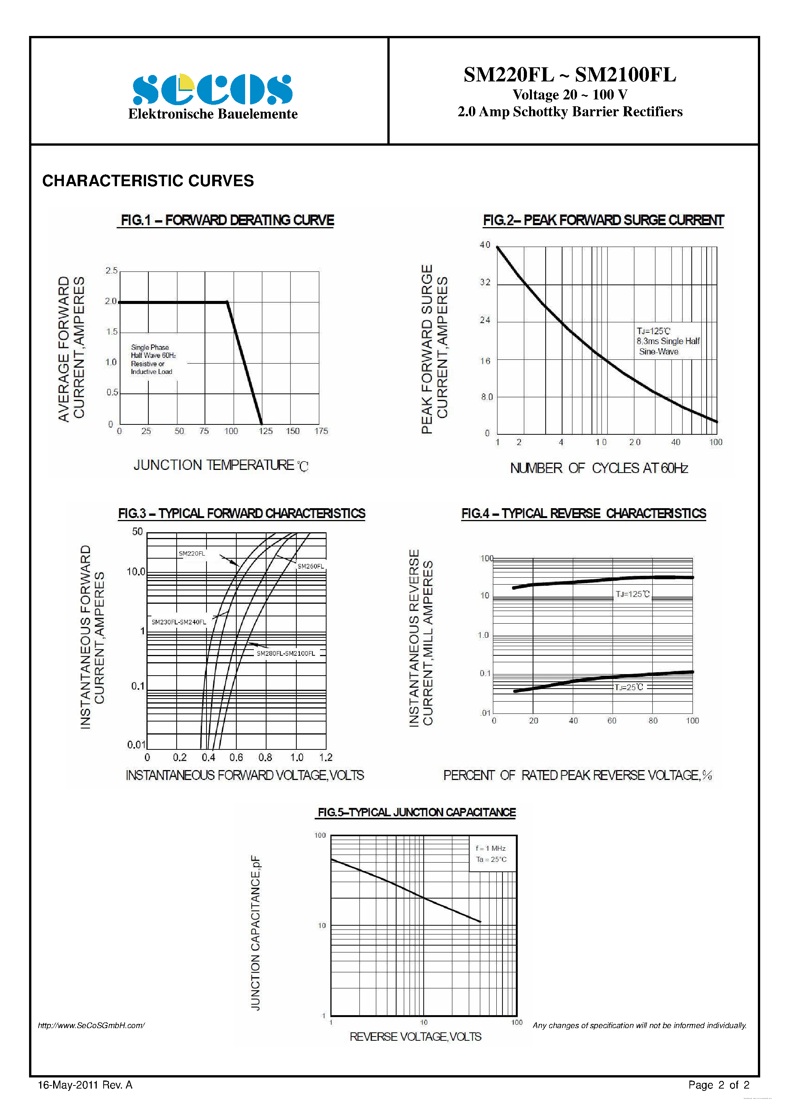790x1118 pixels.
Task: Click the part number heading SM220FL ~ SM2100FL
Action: pos(569,75)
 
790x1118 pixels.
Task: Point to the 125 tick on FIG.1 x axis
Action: pos(265,431)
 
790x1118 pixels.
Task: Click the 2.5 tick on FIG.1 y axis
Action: pos(112,271)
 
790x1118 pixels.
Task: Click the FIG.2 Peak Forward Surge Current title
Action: pos(603,221)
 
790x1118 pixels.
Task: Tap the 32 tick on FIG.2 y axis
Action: pos(485,283)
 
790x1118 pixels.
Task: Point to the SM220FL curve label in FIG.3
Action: pos(192,554)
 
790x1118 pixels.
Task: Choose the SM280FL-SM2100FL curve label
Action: pos(286,653)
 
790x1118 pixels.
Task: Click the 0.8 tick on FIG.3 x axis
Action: pos(265,758)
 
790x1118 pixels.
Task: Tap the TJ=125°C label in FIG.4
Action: pos(632,594)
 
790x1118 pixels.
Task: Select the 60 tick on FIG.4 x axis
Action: pos(612,721)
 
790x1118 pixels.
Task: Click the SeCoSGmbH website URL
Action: pos(91,1025)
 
